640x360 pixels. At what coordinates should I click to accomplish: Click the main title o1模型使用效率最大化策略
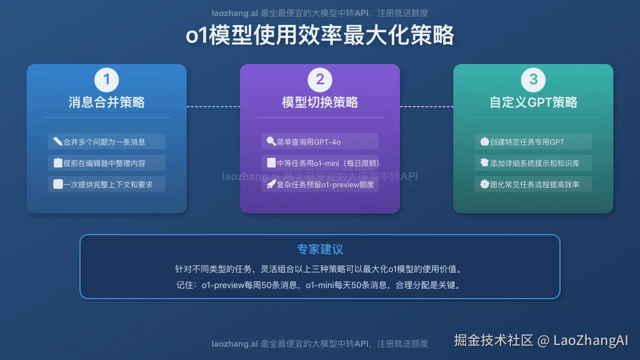pyautogui.click(x=320, y=36)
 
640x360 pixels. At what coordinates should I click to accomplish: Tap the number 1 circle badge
pyautogui.click(x=107, y=80)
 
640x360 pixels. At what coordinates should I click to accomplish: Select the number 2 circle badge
pyautogui.click(x=320, y=80)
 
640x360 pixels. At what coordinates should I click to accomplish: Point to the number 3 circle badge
pyautogui.click(x=533, y=80)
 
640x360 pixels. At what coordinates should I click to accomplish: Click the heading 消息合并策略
pyautogui.click(x=107, y=102)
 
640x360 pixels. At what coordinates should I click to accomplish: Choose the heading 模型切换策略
pyautogui.click(x=320, y=102)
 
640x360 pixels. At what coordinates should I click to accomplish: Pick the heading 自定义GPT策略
pyautogui.click(x=533, y=102)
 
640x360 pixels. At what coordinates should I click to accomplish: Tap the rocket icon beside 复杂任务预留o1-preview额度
pyautogui.click(x=271, y=185)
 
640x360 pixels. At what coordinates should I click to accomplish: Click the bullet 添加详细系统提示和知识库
pyautogui.click(x=534, y=163)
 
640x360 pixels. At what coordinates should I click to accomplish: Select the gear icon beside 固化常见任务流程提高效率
pyautogui.click(x=485, y=185)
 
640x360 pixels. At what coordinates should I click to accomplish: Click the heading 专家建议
pyautogui.click(x=320, y=250)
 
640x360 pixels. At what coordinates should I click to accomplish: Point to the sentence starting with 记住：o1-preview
pyautogui.click(x=320, y=285)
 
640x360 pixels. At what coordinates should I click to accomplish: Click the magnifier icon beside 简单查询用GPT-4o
pyautogui.click(x=271, y=142)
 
